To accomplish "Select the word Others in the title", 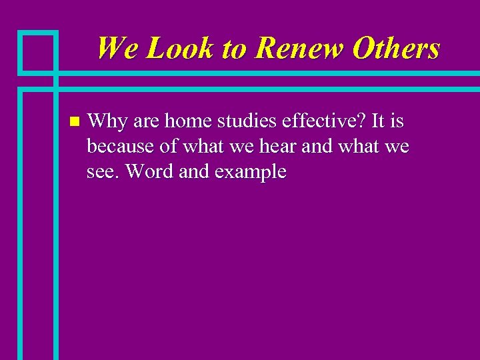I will pos(396,48).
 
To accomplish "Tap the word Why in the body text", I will pos(107,122).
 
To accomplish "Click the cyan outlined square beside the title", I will pos(38,51).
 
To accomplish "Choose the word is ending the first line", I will pos(398,122).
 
